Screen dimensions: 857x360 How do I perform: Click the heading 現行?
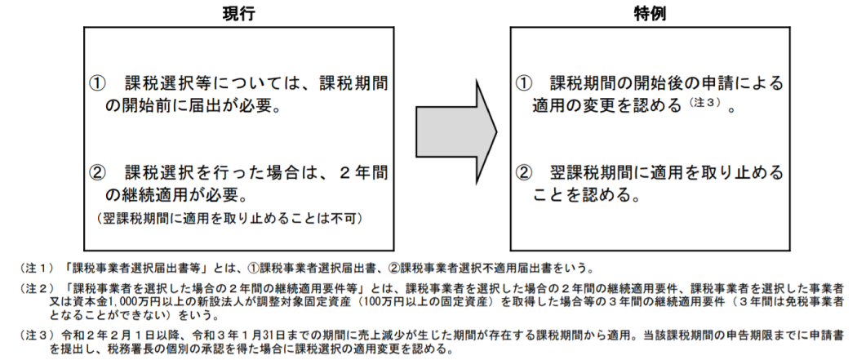239,13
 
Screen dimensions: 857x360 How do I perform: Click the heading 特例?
650,13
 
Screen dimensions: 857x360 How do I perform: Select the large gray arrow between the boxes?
456,131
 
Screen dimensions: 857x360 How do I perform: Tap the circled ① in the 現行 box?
97,83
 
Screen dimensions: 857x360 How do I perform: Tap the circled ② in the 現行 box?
97,173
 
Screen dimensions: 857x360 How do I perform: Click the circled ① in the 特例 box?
524,83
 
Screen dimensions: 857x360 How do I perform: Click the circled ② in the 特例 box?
524,173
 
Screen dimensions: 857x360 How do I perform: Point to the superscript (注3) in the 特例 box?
706,101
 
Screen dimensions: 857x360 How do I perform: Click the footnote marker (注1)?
38,269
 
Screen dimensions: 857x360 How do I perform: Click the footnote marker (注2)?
38,288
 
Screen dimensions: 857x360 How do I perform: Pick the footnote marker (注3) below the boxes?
38,335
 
